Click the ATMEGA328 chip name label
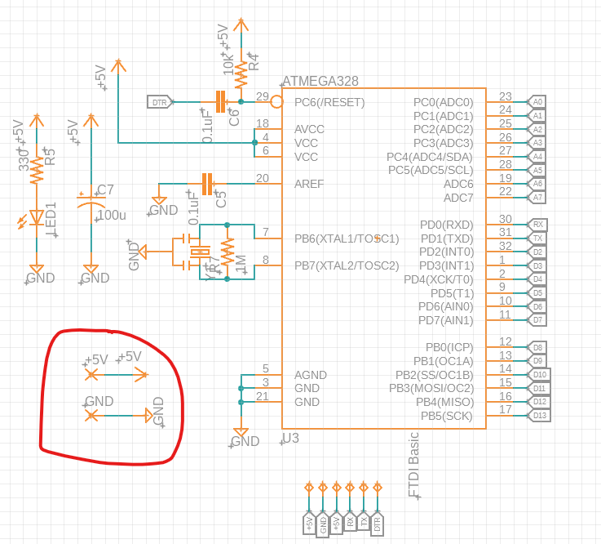320,82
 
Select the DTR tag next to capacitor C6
158,102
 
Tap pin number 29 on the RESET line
262,96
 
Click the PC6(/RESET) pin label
329,102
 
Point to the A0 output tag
537,102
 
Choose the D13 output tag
539,416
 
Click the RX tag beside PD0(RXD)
537,224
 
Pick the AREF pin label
309,184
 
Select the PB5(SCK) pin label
447,416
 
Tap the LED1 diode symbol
36,217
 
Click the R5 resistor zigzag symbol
36,172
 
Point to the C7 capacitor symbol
91,201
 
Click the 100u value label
111,216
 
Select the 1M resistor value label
241,263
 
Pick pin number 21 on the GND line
262,396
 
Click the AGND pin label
311,375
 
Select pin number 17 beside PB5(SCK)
506,409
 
